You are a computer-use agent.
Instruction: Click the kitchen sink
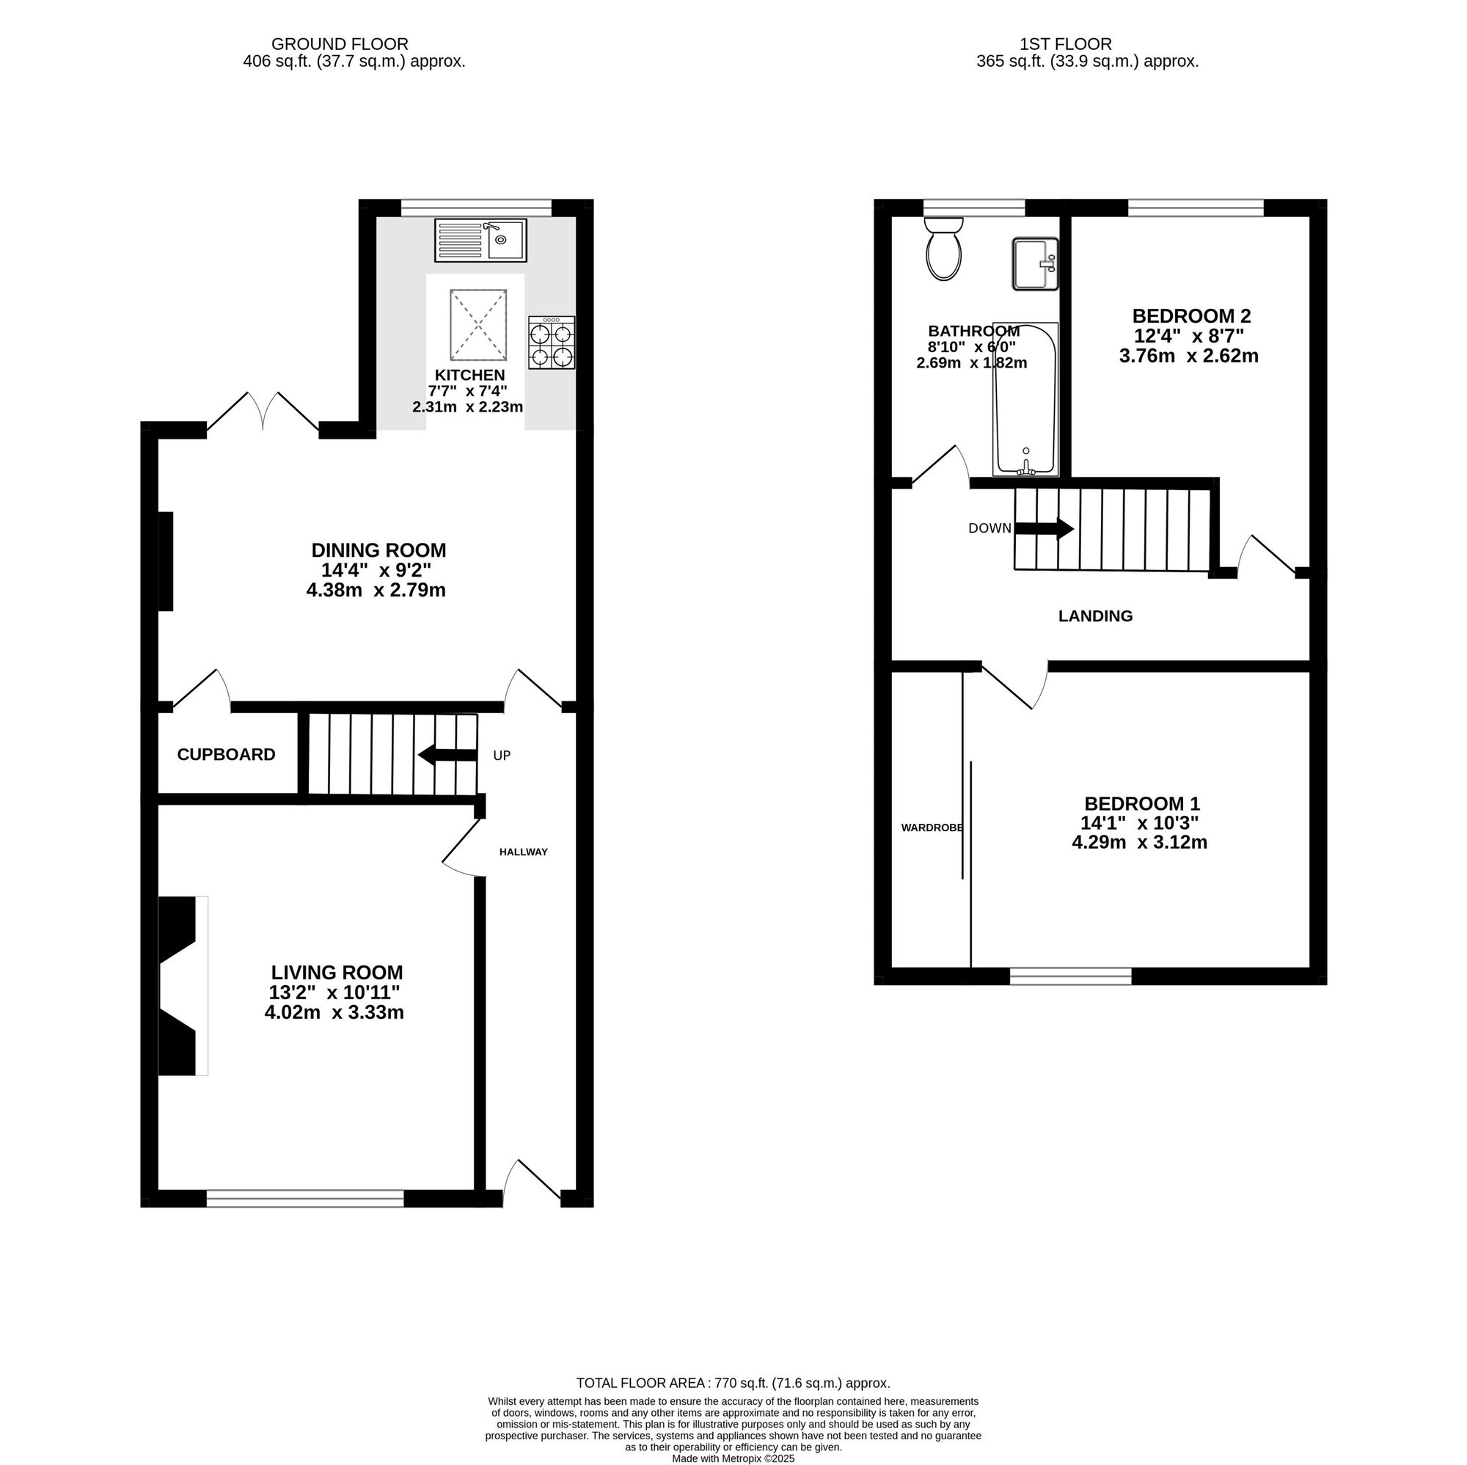click(480, 240)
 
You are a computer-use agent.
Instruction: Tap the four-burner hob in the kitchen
click(552, 343)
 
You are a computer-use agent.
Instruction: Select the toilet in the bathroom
click(944, 249)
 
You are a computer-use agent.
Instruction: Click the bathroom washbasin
click(1035, 263)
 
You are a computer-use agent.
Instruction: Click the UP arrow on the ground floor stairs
click(447, 755)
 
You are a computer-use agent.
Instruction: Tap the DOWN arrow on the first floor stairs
click(1044, 529)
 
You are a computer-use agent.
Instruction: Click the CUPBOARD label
click(226, 754)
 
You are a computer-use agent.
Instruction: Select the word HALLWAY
click(523, 852)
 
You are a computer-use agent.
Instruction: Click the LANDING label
click(1096, 616)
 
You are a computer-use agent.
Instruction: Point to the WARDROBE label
click(932, 828)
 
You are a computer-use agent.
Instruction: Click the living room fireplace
click(183, 986)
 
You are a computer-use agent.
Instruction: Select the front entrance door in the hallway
click(533, 1183)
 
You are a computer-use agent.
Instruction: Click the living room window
click(305, 1199)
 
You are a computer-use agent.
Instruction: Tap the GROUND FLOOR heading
click(340, 44)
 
